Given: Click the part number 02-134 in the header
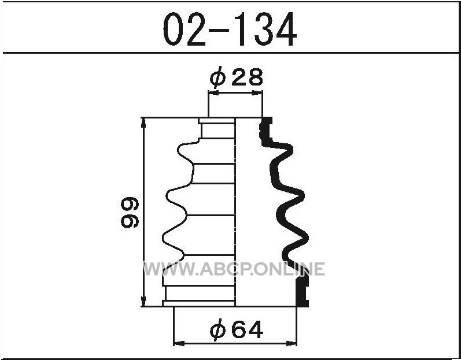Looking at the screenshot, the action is [230, 29].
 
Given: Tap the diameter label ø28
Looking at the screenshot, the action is [236, 77].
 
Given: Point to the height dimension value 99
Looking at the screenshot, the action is [130, 212].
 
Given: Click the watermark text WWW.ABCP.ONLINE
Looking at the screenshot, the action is [234, 269].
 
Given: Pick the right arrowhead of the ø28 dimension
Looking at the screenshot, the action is [257, 93].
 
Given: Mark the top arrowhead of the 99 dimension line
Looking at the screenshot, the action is [143, 123].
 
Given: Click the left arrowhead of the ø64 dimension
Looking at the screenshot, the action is [179, 343].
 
